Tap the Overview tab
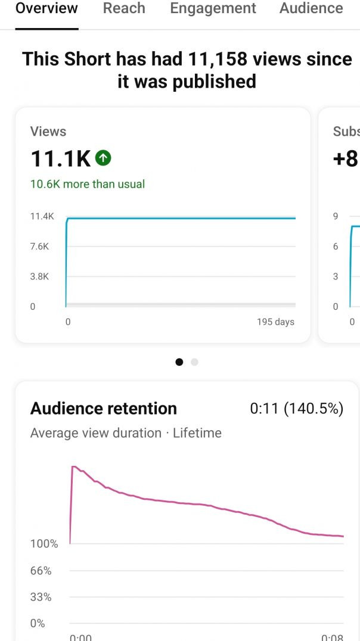point(46,8)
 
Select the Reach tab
point(123,8)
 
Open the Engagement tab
point(213,8)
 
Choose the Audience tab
point(311,8)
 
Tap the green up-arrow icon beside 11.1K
point(103,158)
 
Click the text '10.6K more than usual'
point(88,184)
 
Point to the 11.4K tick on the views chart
point(42,216)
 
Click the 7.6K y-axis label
point(39,247)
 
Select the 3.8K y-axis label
point(39,276)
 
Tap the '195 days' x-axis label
point(275,322)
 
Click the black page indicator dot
point(179,362)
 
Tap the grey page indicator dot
point(194,362)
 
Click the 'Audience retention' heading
point(104,409)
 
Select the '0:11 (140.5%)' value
point(296,409)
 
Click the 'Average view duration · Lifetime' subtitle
point(126,433)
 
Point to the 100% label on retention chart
point(44,544)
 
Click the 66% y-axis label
point(41,571)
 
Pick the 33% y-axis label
point(41,597)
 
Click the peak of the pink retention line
point(73,466)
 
